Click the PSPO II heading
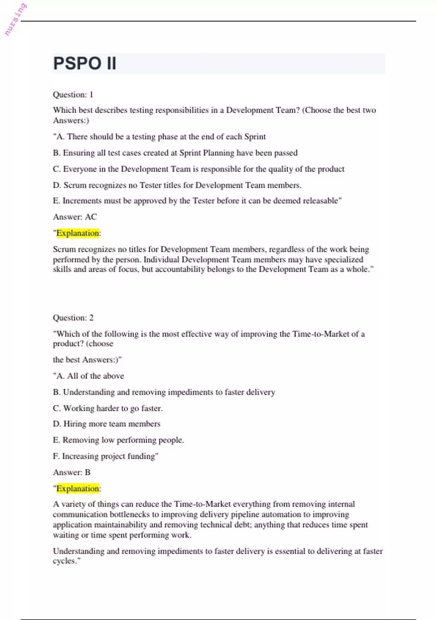pos(84,63)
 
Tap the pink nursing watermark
pos(15,19)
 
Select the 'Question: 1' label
pos(73,95)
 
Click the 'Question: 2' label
pos(73,318)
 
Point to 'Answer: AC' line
pos(75,217)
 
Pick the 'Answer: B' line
pos(72,472)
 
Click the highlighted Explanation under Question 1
pos(78,233)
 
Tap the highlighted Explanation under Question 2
pos(78,489)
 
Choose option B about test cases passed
pos(175,153)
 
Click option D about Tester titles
pos(177,185)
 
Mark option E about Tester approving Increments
pos(197,201)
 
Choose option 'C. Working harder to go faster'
pos(108,408)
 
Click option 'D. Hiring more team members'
pos(106,424)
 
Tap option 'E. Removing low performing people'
pos(118,440)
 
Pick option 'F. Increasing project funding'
pos(106,456)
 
